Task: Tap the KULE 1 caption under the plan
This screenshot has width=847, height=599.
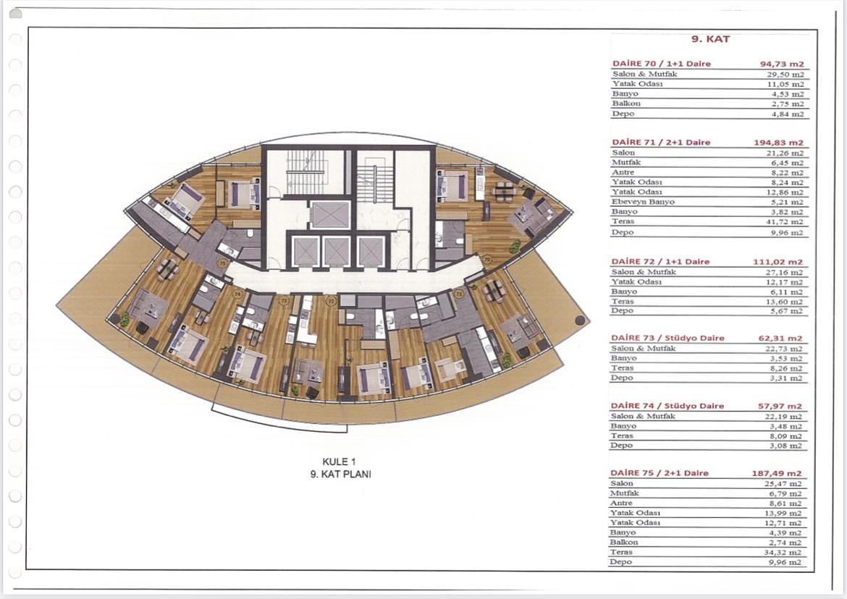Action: pyautogui.click(x=340, y=462)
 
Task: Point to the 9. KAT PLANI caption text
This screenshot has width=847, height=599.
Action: pyautogui.click(x=340, y=475)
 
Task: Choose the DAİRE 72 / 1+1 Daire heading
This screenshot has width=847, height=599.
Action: pyautogui.click(x=660, y=261)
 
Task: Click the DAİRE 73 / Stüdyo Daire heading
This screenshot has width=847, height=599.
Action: pyautogui.click(x=667, y=338)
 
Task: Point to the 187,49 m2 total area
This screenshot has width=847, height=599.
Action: pyautogui.click(x=777, y=473)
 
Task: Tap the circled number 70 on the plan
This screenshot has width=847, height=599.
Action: pyautogui.click(x=487, y=258)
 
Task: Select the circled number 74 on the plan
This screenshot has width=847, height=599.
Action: pyautogui.click(x=237, y=294)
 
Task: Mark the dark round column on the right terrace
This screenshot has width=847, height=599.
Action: pyautogui.click(x=578, y=319)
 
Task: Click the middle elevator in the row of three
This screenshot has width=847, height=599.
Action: pyautogui.click(x=336, y=251)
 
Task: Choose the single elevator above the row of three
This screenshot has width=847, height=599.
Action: pyautogui.click(x=330, y=215)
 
